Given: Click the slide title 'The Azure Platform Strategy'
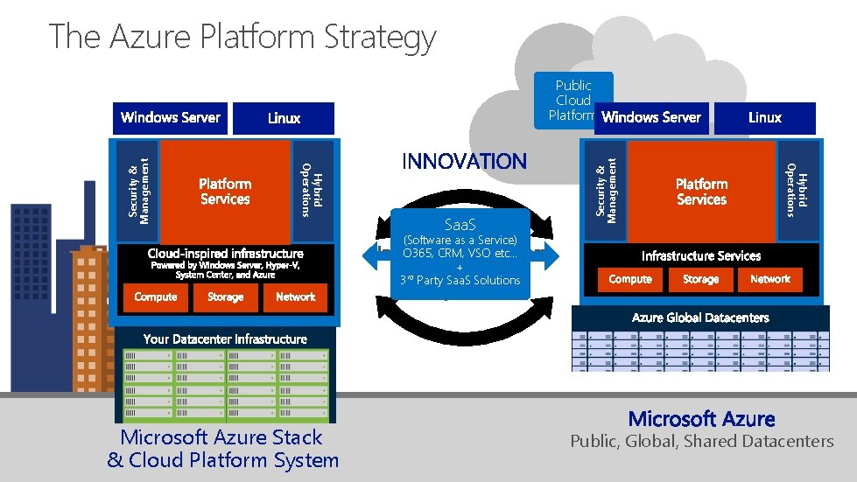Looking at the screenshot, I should point(242,37).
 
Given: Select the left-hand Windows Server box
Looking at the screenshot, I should point(170,117).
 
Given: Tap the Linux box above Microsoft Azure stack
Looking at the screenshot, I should point(284,118).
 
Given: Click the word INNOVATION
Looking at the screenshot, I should point(464,161).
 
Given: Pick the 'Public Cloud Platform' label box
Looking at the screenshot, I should point(573,100).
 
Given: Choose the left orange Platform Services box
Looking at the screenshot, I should point(225,192).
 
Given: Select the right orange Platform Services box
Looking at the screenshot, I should point(701,192).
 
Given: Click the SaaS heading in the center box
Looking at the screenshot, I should point(460,225).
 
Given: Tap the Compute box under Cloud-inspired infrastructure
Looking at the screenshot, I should point(156,297).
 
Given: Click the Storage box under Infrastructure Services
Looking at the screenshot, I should point(700,279).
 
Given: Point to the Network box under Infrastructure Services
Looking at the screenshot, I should point(770,279).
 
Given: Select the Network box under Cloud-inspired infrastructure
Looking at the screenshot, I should point(295,297).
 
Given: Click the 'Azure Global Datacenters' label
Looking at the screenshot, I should point(700,318).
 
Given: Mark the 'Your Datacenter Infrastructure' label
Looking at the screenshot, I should point(225,339).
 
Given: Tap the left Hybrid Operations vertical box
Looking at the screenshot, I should point(313,190).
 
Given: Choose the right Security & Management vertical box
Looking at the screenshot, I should point(606,190).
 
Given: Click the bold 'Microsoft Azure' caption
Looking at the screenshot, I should point(701,419).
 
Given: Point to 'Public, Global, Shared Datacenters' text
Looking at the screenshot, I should point(702,442).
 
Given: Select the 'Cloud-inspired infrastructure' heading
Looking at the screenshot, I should point(225,254).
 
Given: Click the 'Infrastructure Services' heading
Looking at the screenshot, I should point(701,256).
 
